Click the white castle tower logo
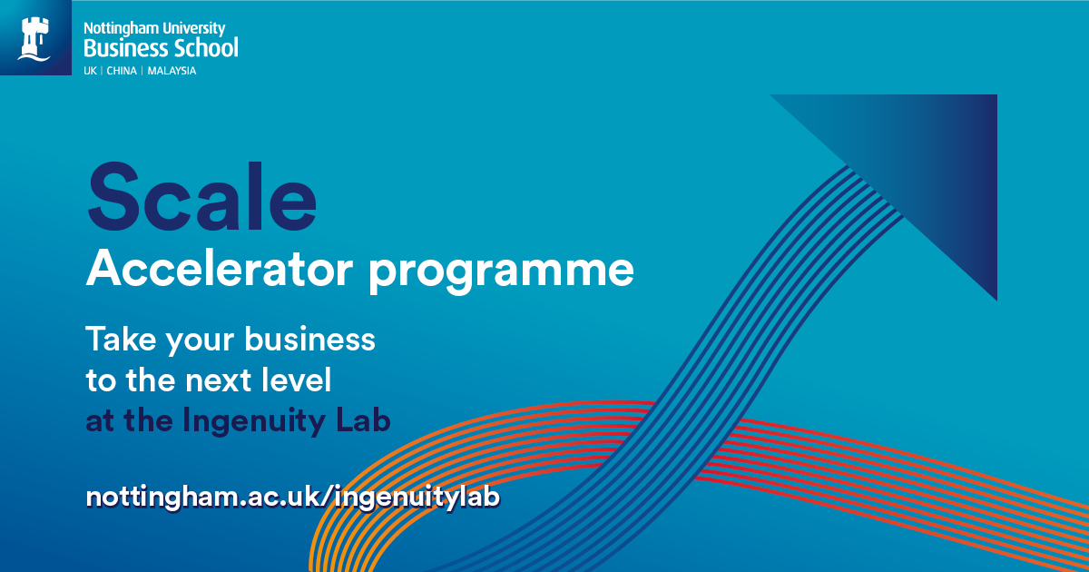coord(34,39)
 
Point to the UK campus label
coord(90,71)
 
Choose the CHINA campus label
coord(122,71)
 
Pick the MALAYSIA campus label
coord(172,71)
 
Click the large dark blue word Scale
coord(201,196)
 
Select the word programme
coord(501,272)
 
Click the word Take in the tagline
coord(121,339)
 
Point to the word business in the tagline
coord(309,339)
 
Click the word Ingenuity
coord(253,420)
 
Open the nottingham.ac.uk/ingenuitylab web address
coord(292,498)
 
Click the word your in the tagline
coord(200,340)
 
